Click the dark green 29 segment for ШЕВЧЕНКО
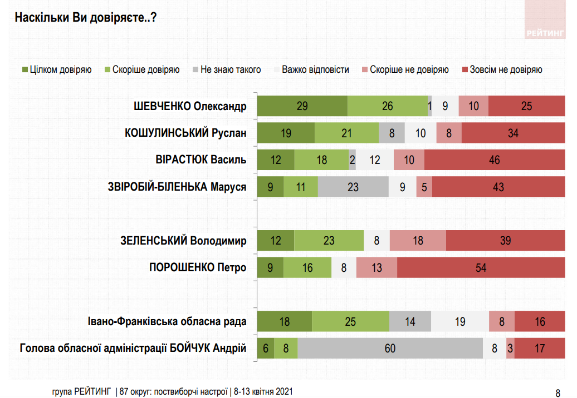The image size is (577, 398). (x=302, y=106)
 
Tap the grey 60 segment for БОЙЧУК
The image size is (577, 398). (x=390, y=349)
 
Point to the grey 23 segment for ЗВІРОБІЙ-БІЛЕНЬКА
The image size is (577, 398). (x=353, y=187)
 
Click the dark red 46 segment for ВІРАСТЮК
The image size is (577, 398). (x=494, y=160)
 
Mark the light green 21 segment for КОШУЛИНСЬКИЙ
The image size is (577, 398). (x=346, y=133)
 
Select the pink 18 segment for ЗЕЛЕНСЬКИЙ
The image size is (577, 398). (x=418, y=241)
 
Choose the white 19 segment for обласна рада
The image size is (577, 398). (x=460, y=321)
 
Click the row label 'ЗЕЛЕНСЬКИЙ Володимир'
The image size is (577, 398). (x=183, y=241)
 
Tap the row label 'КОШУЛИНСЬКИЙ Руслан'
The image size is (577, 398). (x=185, y=133)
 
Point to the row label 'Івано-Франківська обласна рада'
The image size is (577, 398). (x=167, y=321)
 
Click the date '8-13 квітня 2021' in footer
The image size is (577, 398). (x=263, y=391)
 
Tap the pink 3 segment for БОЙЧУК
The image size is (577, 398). (x=510, y=349)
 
